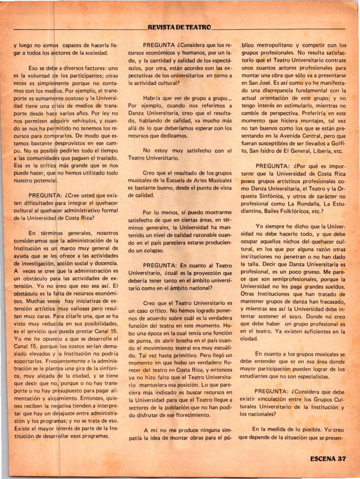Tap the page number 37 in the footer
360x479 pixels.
341,459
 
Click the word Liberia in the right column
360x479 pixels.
319,151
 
